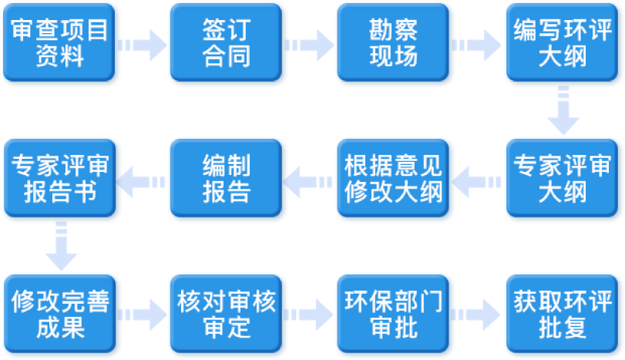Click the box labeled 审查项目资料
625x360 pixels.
[x=61, y=43]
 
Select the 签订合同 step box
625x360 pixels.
[x=227, y=43]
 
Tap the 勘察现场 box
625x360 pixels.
[x=394, y=43]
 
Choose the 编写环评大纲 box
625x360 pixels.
[x=563, y=43]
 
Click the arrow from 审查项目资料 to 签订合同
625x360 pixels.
[x=144, y=45]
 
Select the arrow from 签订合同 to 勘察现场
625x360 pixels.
[x=311, y=45]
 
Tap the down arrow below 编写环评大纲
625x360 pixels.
[x=563, y=112]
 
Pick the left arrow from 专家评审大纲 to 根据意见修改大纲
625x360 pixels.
[x=477, y=182]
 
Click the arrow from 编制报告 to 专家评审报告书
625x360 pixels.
[x=143, y=182]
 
